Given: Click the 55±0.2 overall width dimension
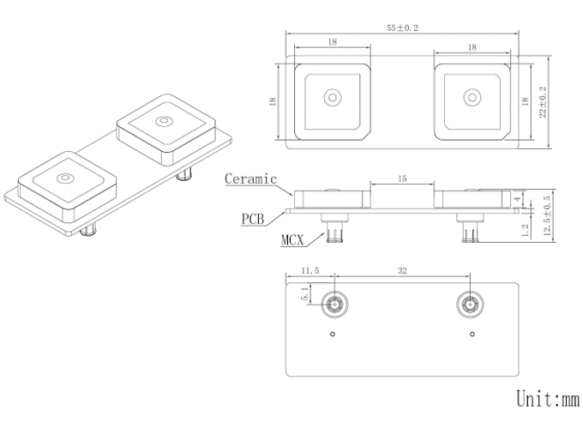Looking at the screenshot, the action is (x=402, y=28).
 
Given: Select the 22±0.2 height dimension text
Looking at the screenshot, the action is (x=543, y=102).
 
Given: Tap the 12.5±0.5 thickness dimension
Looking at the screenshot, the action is (x=547, y=216).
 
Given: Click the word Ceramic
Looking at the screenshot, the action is (x=251, y=179).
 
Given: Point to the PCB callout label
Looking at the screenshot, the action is (x=253, y=219).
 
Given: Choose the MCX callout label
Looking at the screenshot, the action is (x=292, y=240).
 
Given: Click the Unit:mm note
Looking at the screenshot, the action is (x=548, y=398).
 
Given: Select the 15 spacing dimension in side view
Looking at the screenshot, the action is (x=402, y=179).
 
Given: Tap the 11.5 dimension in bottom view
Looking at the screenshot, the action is (x=310, y=270).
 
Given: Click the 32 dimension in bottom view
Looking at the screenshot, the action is (x=402, y=270).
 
